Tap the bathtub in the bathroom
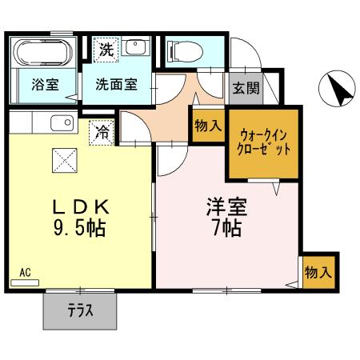44,53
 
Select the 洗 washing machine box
106,49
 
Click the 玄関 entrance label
246,89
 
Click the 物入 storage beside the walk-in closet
206,126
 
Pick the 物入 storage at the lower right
318,272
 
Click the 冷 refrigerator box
102,130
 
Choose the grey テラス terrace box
80,309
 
